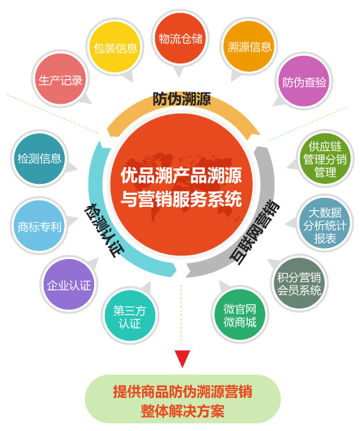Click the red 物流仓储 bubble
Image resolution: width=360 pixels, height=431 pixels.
coord(180,38)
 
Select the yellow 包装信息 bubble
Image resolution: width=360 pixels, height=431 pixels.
coord(115,47)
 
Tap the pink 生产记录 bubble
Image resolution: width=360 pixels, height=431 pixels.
coord(61,79)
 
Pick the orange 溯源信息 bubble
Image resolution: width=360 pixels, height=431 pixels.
coord(249,47)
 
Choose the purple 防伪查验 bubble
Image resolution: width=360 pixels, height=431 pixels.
coord(304,81)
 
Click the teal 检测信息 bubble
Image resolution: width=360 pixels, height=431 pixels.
coord(39,159)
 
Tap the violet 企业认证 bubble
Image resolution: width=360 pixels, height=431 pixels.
coord(69,285)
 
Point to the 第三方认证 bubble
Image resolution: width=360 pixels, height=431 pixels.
coord(130,315)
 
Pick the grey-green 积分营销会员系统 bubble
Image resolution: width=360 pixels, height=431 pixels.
coord(299,283)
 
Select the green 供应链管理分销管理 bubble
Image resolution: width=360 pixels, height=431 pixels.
coord(325,158)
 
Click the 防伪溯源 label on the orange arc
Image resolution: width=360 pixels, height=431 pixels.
coord(181,99)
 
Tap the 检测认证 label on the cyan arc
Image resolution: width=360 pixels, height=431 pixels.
coord(104,230)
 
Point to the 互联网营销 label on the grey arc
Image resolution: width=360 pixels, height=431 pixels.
coord(254,233)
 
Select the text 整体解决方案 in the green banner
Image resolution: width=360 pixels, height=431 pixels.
coord(182,411)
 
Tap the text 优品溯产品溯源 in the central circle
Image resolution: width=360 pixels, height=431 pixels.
coord(181,175)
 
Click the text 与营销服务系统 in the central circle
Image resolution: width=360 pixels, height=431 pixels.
coord(181,198)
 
